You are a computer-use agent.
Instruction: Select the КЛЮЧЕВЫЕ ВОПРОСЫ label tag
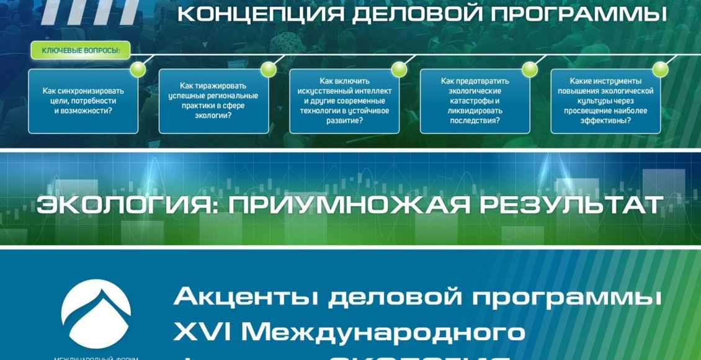click(x=81, y=50)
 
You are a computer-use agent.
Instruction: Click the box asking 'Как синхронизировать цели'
click(x=83, y=101)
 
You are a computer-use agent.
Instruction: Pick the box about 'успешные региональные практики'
click(x=213, y=101)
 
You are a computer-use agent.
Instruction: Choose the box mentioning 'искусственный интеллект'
click(x=344, y=101)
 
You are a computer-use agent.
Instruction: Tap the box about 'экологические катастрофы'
click(x=475, y=101)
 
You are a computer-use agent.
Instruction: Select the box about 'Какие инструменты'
click(x=605, y=101)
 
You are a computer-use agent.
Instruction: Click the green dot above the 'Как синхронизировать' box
click(x=138, y=69)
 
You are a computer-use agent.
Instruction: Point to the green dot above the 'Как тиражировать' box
click(x=268, y=69)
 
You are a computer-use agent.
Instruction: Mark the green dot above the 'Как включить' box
click(x=399, y=69)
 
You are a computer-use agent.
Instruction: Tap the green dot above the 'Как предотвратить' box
click(x=529, y=69)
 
